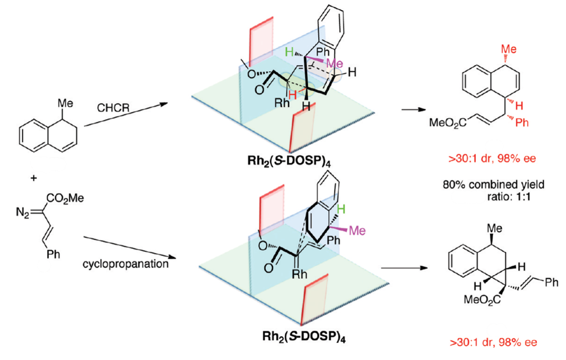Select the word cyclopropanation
point(126,264)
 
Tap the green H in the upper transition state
point(289,51)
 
